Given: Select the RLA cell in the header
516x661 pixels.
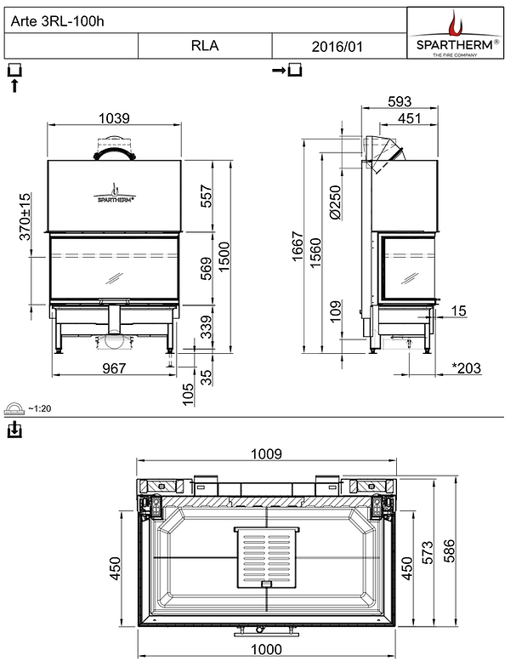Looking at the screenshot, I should click(x=205, y=46).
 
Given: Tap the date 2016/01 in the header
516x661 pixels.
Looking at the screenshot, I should click(x=337, y=46).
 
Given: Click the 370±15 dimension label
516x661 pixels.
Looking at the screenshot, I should click(x=25, y=214).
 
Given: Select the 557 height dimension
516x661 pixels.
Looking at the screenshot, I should click(x=205, y=198).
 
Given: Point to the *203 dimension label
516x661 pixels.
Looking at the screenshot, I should click(x=465, y=368).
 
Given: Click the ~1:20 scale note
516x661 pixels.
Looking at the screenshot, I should click(x=39, y=409).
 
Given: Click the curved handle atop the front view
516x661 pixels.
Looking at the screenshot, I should click(x=113, y=153).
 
